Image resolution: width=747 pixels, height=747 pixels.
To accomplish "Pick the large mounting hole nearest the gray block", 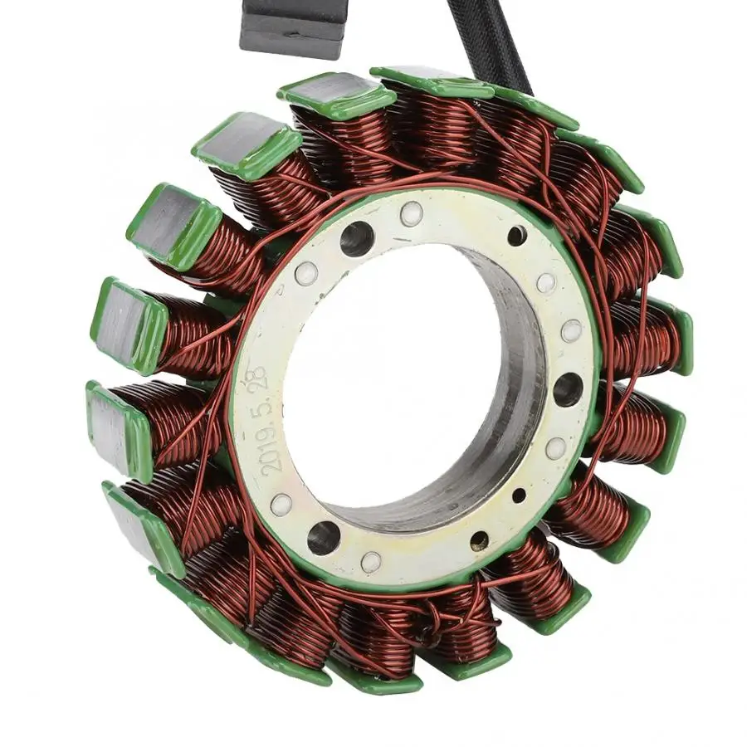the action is [x=356, y=237].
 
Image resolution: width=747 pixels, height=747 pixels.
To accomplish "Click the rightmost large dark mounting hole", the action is [x=569, y=388].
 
